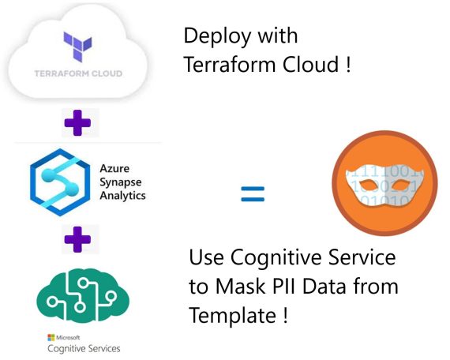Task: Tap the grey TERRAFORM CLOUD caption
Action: (78, 73)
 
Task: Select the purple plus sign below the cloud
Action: (77, 123)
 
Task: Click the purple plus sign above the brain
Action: (77, 239)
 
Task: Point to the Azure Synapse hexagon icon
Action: (60, 182)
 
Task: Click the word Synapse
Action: (121, 182)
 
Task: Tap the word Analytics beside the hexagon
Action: (122, 196)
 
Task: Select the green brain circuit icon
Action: (83, 295)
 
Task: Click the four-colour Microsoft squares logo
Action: (51, 338)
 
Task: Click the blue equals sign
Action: (253, 194)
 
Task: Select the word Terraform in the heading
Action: (230, 64)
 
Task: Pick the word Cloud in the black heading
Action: (311, 64)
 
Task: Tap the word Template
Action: (233, 316)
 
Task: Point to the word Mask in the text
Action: (240, 286)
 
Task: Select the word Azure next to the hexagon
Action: (114, 168)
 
